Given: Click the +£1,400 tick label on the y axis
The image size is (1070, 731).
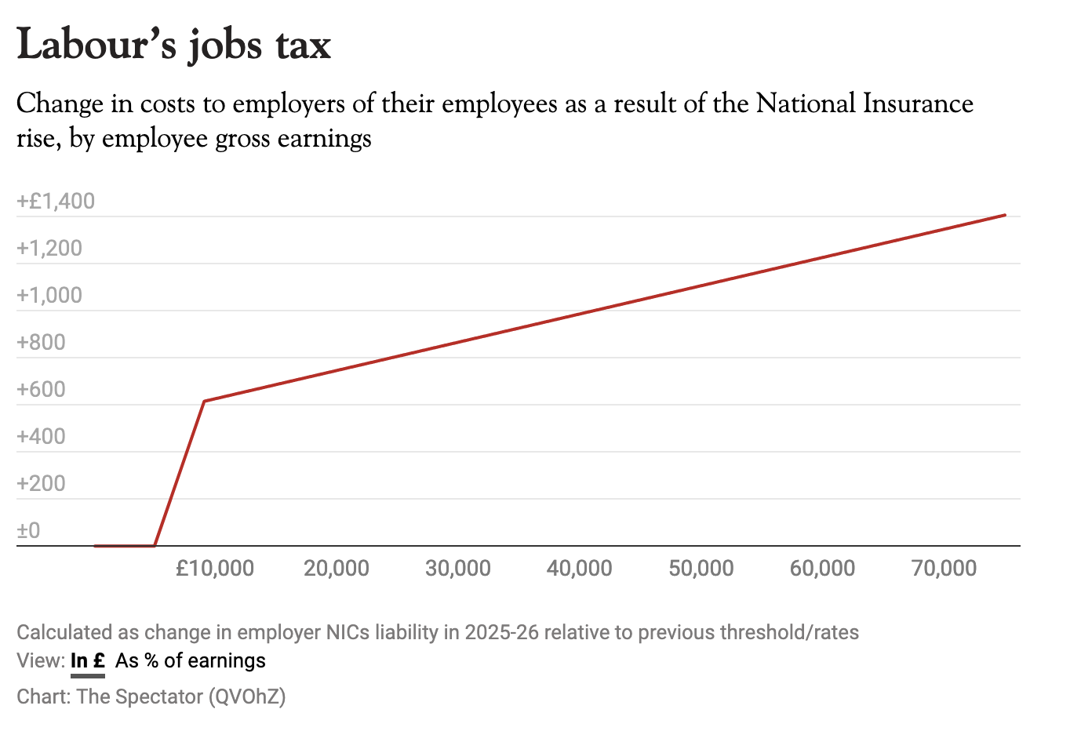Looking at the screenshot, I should pos(56,202).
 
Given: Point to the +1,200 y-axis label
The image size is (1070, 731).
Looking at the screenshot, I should pos(49,249).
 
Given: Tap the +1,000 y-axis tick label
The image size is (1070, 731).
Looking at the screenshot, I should pos(49,296).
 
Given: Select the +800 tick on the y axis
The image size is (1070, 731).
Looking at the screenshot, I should pos(41,343).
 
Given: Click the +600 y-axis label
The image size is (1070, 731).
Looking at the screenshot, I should pos(41,390).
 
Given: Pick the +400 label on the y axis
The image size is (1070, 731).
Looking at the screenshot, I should pos(41,437).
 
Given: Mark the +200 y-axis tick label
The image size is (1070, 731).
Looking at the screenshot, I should pos(41,484).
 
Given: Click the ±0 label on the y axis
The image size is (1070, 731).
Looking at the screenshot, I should pos(28,531).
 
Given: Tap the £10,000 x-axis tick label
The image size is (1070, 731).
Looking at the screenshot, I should pos(215,568).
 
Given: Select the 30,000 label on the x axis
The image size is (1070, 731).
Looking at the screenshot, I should pos(458,568).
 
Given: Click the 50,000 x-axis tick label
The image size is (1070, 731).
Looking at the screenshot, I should pos(701,568).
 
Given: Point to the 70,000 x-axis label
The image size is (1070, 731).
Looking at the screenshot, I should pos(944,568).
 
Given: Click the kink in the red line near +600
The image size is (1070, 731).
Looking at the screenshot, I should pos(204,401).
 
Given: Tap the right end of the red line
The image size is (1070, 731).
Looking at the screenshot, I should pos(1005,215).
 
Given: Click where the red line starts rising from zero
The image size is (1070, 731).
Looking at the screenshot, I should pos(155,545).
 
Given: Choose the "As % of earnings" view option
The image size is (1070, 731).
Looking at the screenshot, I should pos(191,660).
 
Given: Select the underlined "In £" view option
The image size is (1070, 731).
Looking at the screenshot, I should pos(87,660).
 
